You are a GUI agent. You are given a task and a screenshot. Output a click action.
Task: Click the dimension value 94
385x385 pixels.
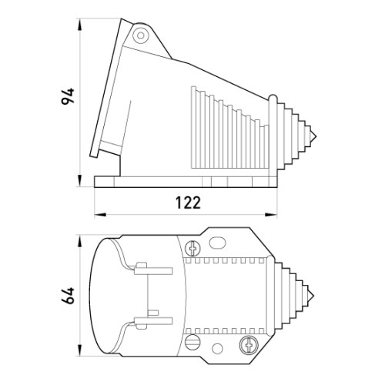tap(68, 96)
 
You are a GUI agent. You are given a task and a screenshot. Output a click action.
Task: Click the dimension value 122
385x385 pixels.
tap(188, 203)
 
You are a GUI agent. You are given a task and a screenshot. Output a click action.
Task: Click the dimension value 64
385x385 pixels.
tap(68, 296)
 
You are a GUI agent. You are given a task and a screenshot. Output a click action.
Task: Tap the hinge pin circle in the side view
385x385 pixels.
tap(141, 35)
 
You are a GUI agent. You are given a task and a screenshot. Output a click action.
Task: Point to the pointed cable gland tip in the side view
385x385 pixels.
tap(316, 136)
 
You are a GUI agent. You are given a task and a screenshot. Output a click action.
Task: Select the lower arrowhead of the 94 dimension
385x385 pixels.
tap(80, 181)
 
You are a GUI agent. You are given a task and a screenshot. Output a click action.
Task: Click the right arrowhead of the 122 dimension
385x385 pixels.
tap(271, 214)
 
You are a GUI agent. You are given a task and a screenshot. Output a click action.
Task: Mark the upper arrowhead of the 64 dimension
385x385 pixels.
tap(80, 242)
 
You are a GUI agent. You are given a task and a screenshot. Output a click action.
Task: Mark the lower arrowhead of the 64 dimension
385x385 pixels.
tap(80, 350)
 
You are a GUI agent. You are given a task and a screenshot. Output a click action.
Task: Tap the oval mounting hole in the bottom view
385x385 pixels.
tap(217, 243)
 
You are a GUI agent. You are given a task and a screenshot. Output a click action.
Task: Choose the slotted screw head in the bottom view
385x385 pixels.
tap(192, 342)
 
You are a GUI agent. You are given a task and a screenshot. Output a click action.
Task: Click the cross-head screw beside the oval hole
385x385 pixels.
tap(192, 248)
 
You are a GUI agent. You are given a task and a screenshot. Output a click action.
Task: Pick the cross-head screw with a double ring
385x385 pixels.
tap(249, 344)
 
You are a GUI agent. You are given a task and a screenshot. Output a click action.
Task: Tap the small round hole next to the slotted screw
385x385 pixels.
tap(218, 349)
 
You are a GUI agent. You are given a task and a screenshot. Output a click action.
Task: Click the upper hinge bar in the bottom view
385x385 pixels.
tap(153, 271)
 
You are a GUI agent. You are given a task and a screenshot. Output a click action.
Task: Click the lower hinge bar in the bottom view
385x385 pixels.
tap(153, 320)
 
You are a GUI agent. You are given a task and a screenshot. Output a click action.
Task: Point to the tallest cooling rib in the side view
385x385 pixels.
tap(193, 128)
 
